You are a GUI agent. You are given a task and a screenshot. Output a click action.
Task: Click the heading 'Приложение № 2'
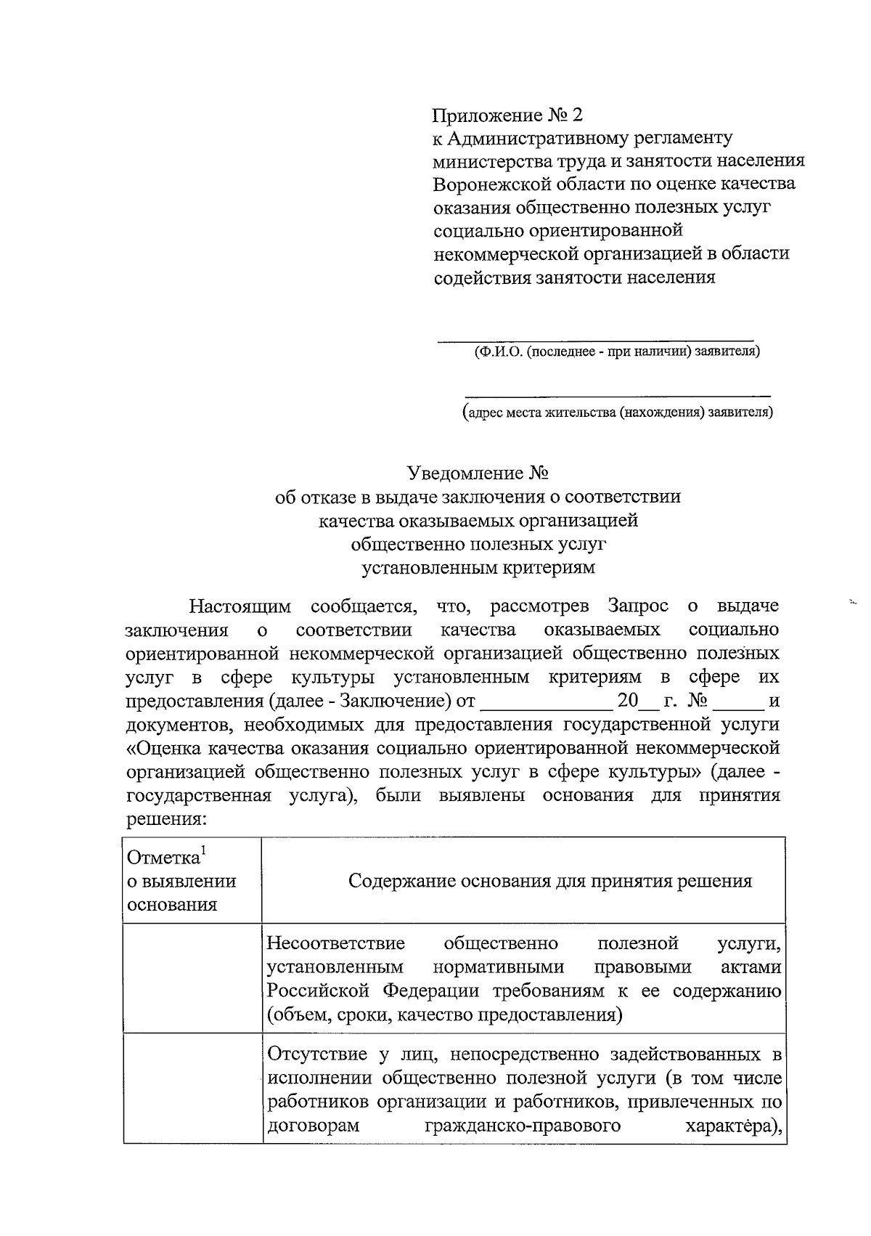[x=507, y=115]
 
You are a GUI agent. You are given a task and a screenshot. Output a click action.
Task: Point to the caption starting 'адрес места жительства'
[x=618, y=413]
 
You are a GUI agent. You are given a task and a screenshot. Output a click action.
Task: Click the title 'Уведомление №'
[x=477, y=473]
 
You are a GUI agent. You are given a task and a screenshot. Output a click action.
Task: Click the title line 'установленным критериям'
[x=478, y=567]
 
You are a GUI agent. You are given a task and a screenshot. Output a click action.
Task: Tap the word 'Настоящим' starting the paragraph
[x=240, y=606]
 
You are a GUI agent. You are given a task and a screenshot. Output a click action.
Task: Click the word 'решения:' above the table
[x=167, y=819]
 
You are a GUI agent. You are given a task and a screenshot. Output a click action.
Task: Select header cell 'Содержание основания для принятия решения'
[x=550, y=881]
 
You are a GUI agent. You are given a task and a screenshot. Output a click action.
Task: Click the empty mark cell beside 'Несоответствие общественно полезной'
[x=192, y=977]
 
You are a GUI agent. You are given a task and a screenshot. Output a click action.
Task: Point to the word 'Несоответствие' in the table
[x=335, y=943]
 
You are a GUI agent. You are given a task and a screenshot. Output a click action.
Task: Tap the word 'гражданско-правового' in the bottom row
[x=522, y=1126]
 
